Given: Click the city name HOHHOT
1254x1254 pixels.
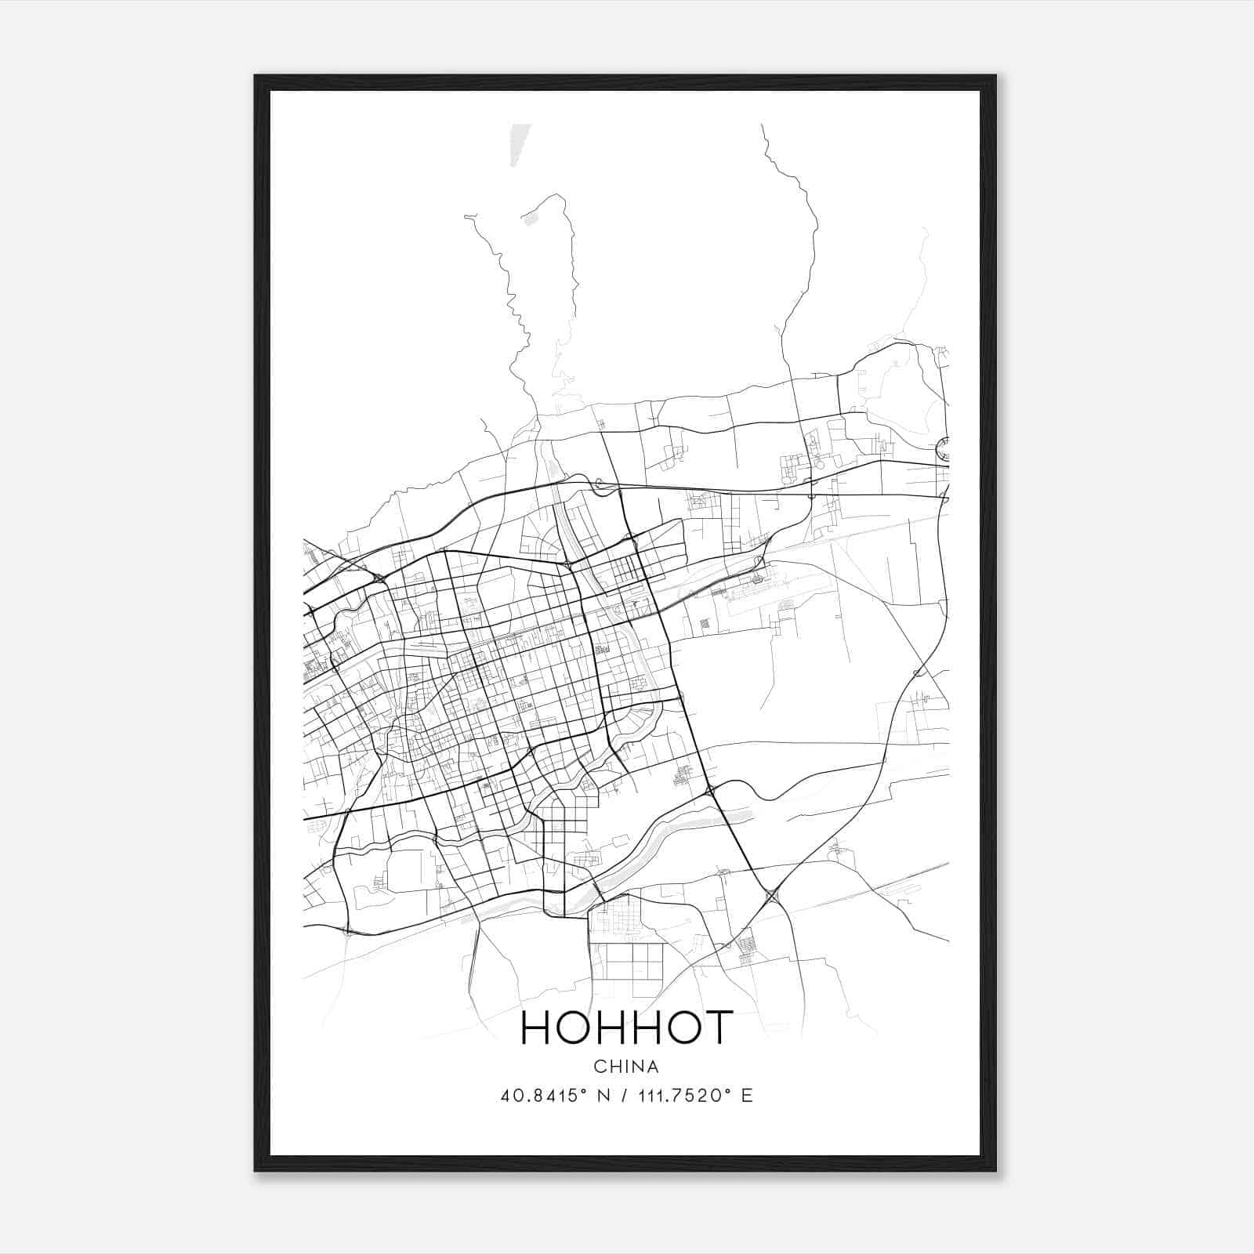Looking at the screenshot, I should [626, 1027].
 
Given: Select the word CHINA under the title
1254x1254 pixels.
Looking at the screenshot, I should [626, 1067].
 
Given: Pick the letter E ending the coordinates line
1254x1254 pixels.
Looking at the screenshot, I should [747, 1096].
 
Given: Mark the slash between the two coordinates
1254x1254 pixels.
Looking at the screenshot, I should [625, 1096].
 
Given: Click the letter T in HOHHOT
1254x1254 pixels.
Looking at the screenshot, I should [716, 1027].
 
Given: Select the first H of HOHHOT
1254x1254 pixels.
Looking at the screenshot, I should [536, 1027].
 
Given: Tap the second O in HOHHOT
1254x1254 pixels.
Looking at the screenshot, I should [679, 1027].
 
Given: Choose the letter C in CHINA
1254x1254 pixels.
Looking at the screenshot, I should [599, 1067].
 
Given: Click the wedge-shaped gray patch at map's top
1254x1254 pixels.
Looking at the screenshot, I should [516, 144].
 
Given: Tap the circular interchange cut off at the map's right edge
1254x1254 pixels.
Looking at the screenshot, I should [943, 450].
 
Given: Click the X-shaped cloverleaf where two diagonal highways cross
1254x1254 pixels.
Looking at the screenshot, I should [773, 896].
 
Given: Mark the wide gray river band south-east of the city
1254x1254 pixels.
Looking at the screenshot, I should [690, 824].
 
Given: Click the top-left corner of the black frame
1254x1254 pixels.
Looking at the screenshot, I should [256, 76].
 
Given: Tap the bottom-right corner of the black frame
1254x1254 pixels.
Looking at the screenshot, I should [995, 1170].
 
